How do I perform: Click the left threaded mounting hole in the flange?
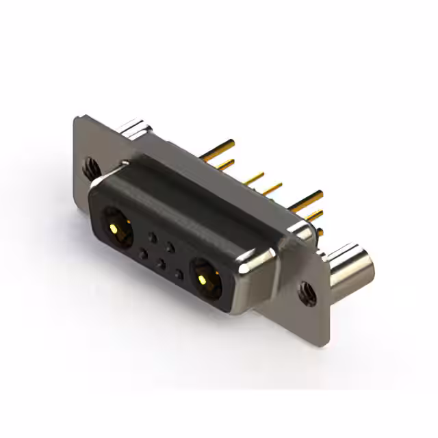(x=90, y=164)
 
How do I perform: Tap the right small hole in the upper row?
(x=171, y=247)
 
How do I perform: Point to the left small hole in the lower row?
(x=142, y=254)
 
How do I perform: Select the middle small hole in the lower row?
(x=160, y=264)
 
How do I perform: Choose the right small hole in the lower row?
(x=179, y=275)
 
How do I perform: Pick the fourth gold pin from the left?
(x=272, y=187)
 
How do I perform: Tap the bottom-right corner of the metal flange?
(x=328, y=340)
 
